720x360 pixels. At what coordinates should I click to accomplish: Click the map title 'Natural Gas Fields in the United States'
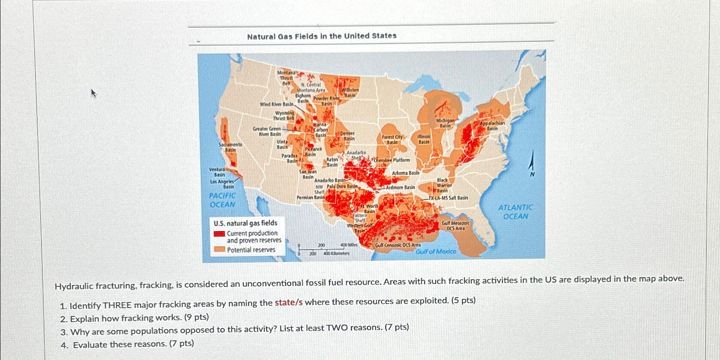click(322, 36)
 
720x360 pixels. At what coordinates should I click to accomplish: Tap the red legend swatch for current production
click(219, 234)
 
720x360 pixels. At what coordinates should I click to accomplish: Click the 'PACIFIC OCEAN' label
click(222, 200)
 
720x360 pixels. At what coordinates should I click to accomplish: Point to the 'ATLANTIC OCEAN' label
click(515, 212)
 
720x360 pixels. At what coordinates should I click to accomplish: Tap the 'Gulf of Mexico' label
click(436, 251)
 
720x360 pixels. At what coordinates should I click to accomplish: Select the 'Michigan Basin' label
click(445, 123)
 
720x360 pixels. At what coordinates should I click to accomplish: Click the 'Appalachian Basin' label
click(492, 126)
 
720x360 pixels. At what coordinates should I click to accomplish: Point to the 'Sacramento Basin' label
click(231, 147)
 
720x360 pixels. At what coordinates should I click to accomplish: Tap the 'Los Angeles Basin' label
click(222, 184)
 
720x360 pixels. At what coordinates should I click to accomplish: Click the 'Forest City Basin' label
click(392, 139)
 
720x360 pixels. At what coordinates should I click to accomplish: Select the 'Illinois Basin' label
click(424, 139)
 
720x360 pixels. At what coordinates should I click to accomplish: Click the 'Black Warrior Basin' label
click(443, 185)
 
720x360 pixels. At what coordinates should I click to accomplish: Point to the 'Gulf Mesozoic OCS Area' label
click(455, 226)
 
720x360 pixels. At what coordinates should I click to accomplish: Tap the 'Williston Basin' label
click(350, 92)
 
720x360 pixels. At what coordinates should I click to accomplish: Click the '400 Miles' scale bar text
click(349, 245)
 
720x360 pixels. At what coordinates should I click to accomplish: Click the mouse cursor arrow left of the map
click(94, 93)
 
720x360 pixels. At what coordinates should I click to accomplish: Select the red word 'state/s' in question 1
click(288, 302)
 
